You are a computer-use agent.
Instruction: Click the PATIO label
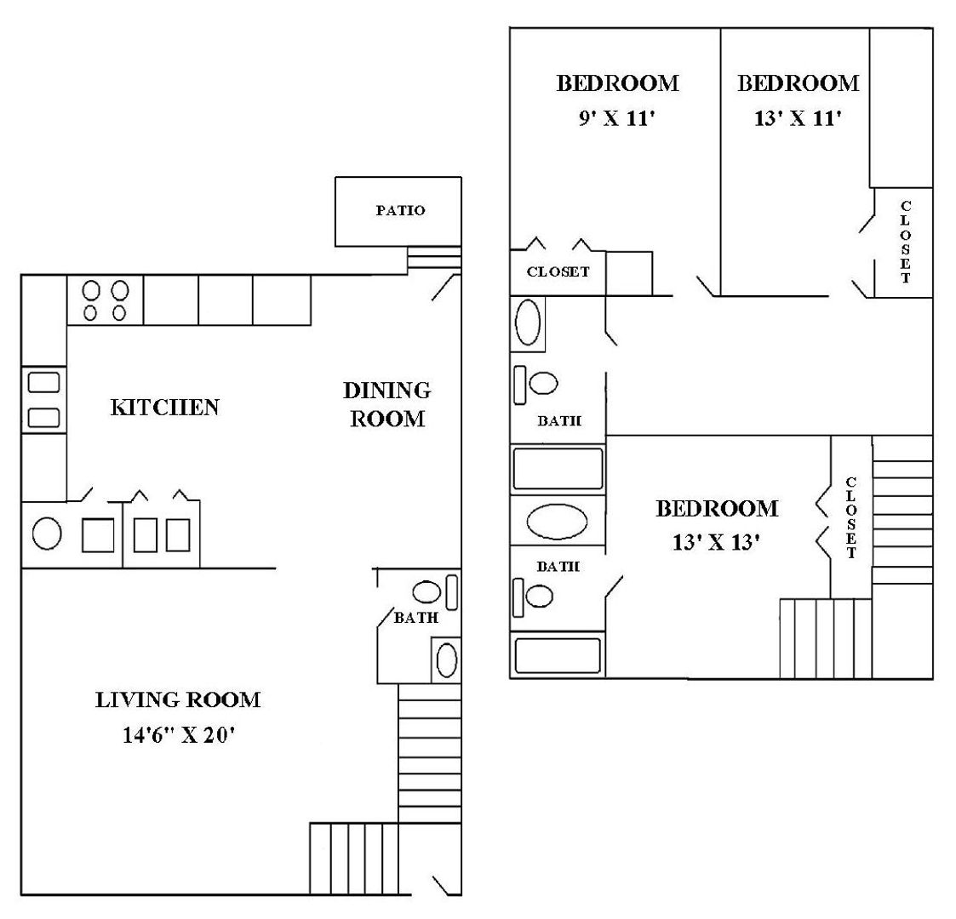(400, 211)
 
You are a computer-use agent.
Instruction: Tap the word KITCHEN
(165, 408)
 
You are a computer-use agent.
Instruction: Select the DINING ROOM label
(386, 404)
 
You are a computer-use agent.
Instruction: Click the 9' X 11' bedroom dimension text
(616, 119)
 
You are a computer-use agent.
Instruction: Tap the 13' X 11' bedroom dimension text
(798, 119)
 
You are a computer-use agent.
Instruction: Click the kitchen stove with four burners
(105, 300)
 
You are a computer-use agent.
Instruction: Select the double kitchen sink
(43, 399)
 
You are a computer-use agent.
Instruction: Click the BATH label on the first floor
(415, 618)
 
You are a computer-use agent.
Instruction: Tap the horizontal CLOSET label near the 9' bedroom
(558, 272)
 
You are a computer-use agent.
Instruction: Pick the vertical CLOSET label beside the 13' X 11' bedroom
(905, 243)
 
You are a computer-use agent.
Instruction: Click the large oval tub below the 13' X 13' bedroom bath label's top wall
(557, 521)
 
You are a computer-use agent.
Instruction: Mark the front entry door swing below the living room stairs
(444, 884)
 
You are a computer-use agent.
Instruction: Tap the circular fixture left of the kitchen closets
(47, 534)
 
